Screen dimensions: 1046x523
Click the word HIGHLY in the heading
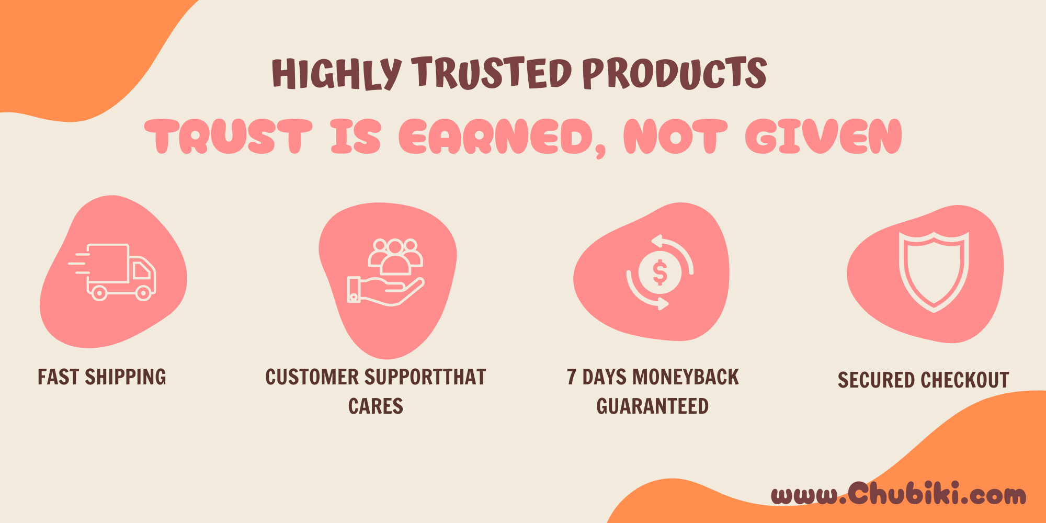(337, 73)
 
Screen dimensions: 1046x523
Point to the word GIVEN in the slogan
(824, 137)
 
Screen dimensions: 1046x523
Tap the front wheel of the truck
(144, 293)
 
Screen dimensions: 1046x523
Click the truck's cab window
(141, 270)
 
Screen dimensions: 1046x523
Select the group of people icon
(395, 256)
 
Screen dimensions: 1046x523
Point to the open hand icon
(385, 291)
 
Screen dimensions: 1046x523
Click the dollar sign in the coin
(660, 272)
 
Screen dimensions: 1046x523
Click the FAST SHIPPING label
(102, 377)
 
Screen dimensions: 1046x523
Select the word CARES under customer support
(376, 406)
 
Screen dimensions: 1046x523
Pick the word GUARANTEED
(653, 406)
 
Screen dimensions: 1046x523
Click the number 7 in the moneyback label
(572, 377)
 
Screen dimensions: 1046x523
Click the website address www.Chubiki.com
(899, 494)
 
